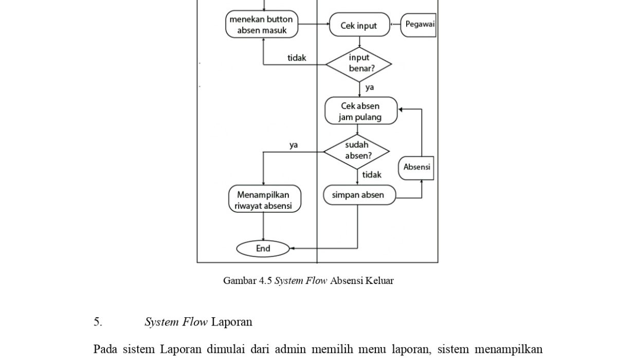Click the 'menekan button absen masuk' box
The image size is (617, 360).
(x=262, y=25)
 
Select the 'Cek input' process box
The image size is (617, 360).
(x=359, y=25)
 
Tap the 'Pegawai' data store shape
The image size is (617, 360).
(x=419, y=25)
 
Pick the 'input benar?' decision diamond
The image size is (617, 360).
(x=359, y=64)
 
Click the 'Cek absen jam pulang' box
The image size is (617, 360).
(x=361, y=111)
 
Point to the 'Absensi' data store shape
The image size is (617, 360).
(x=416, y=168)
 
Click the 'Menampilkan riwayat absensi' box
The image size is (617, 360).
(x=263, y=200)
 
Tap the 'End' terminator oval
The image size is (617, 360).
(x=263, y=248)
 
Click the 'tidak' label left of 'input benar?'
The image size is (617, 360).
(x=297, y=58)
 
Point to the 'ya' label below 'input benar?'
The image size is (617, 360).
(x=370, y=87)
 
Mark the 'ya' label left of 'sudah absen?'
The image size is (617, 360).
(x=294, y=145)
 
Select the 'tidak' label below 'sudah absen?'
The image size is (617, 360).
(x=372, y=175)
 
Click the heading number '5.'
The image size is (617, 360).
(x=98, y=322)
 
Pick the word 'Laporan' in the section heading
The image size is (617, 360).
(x=232, y=322)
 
